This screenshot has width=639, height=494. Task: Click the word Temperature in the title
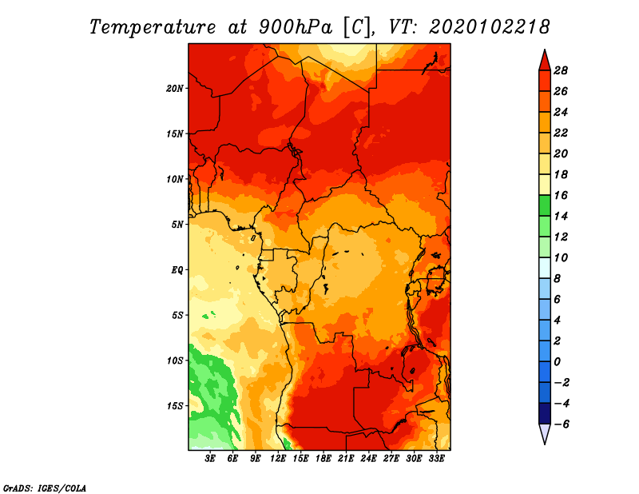click(153, 27)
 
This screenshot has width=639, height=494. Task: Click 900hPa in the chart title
click(295, 27)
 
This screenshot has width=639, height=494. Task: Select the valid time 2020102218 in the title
click(489, 27)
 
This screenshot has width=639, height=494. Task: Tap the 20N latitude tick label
click(175, 89)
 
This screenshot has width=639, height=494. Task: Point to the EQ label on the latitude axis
click(177, 270)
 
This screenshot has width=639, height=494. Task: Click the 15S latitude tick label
click(175, 406)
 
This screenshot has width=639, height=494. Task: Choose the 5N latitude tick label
click(177, 225)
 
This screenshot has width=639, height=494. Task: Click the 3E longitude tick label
click(210, 459)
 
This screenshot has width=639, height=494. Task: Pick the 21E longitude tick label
click(346, 459)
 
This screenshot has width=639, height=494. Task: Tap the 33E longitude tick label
click(436, 459)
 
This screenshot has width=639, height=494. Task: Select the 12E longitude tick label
click(278, 459)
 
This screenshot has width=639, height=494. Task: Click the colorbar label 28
click(561, 70)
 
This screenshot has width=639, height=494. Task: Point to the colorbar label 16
click(561, 195)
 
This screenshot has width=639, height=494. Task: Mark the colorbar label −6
click(561, 424)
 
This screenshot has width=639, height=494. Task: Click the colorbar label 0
click(557, 362)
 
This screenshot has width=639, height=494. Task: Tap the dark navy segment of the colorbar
click(545, 413)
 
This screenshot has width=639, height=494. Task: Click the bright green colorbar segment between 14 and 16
click(545, 205)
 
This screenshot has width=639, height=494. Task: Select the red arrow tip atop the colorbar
click(545, 50)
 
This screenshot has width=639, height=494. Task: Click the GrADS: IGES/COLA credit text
click(45, 488)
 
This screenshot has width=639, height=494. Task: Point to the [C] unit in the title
click(357, 27)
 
